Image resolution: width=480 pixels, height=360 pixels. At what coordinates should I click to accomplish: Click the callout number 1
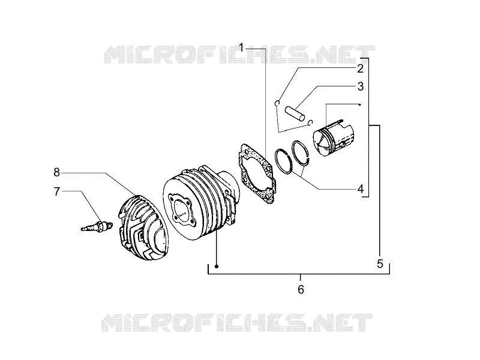pos(242,49)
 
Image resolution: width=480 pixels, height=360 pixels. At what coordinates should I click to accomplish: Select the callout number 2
pos(361,68)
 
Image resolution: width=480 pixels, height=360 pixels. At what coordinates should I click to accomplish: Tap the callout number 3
pos(361,86)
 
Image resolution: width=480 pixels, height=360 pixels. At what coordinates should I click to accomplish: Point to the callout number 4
pos(361,189)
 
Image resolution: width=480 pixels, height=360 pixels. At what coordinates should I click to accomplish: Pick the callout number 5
pos(380,263)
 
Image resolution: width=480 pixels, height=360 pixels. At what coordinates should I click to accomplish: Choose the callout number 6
pos(301,289)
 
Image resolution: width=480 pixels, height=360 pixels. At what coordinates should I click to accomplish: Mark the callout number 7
pos(56,191)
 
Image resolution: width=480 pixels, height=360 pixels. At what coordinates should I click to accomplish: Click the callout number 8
pos(56,173)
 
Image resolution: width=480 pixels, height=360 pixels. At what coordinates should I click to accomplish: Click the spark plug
pos(97,227)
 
